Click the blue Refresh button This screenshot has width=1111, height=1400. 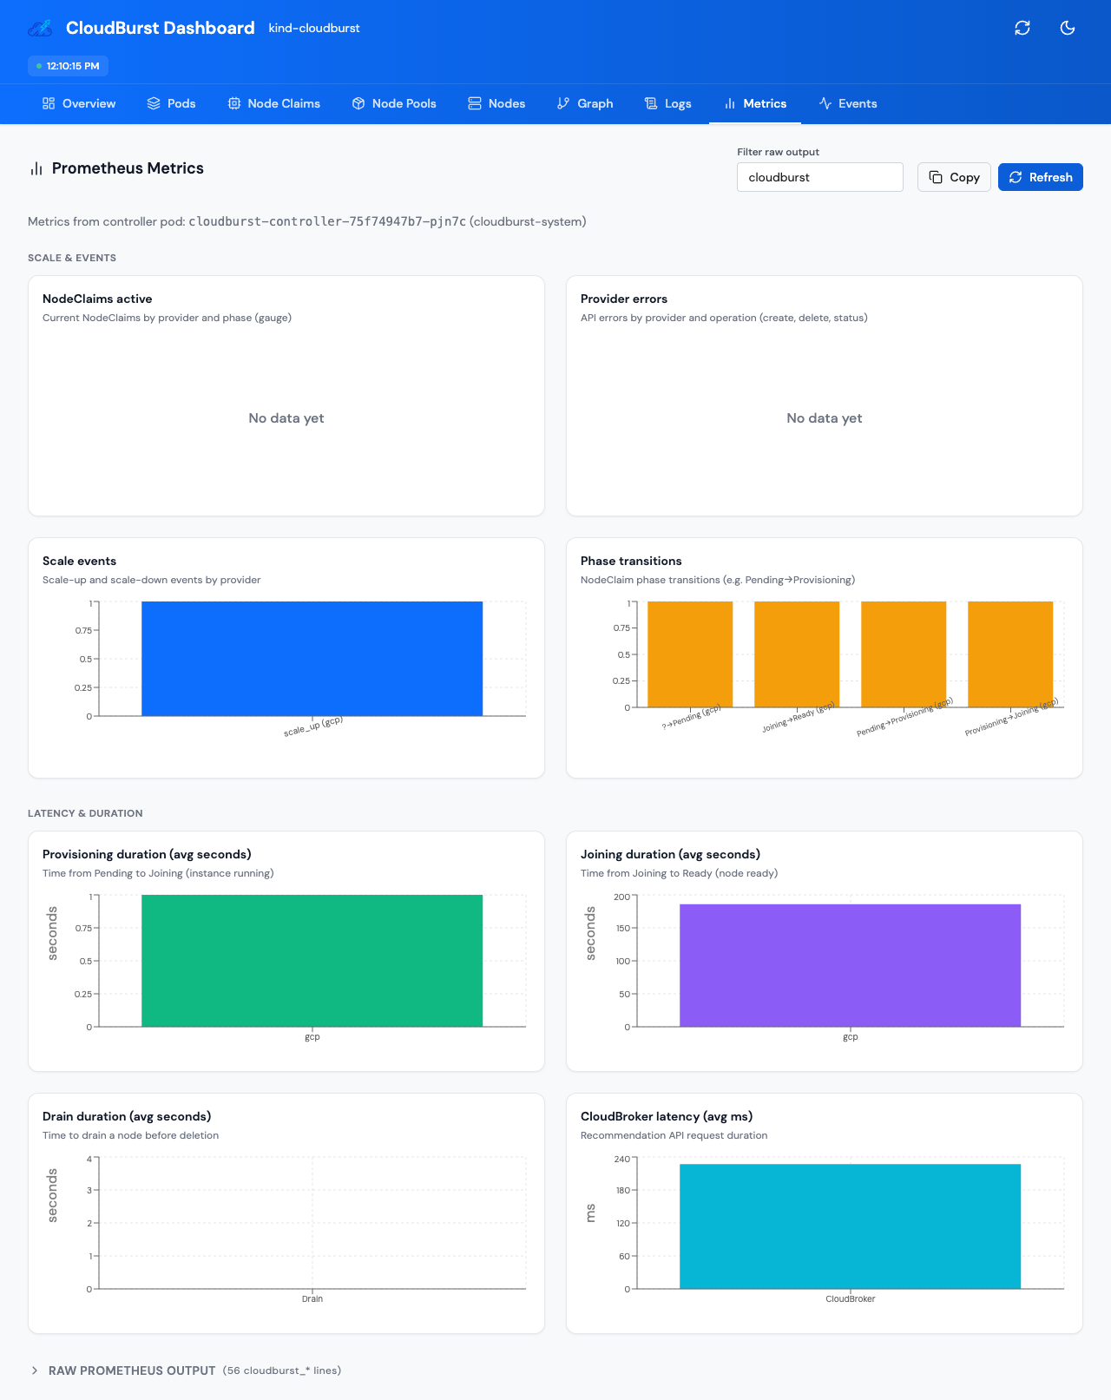pos(1040,177)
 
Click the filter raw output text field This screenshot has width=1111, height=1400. pos(819,177)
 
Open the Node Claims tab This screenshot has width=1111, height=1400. pos(274,103)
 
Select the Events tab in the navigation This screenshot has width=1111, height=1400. pos(848,103)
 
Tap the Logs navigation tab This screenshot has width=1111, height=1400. pos(667,103)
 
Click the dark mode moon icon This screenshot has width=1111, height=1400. pos(1068,28)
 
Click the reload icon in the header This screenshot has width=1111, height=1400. pos(1022,28)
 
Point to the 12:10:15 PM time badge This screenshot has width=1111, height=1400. pos(68,66)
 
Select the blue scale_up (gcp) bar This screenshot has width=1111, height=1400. pos(312,658)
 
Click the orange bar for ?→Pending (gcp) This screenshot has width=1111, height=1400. pos(690,654)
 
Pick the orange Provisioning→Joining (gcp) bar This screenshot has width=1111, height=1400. pos(1010,654)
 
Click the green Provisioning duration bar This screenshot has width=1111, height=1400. pos(312,960)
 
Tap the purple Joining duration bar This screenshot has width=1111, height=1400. pos(850,965)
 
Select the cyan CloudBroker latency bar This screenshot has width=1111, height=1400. pos(850,1226)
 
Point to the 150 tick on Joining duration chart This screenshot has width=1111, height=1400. pos(622,928)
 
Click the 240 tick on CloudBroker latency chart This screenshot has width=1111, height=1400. pos(622,1159)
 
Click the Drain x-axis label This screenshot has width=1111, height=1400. pos(312,1299)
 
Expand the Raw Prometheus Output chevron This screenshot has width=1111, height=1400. pos(35,1370)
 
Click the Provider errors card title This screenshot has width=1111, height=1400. pos(623,299)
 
